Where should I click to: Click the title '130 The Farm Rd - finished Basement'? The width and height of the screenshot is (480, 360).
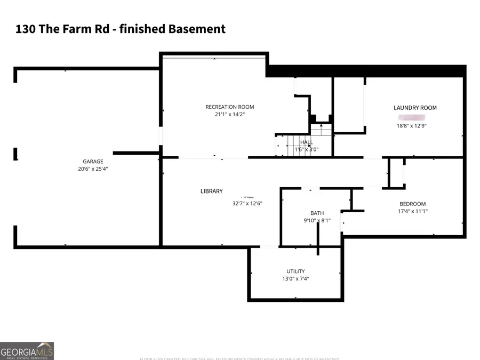click(121, 29)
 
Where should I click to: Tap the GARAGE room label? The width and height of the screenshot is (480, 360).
click(93, 162)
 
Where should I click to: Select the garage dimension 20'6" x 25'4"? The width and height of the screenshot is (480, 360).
click(93, 169)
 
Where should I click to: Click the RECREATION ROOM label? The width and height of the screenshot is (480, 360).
click(230, 107)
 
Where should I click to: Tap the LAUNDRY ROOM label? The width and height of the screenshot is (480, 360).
click(415, 108)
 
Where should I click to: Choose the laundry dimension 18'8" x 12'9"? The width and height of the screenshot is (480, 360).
click(411, 126)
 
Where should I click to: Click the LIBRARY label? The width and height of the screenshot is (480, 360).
click(211, 191)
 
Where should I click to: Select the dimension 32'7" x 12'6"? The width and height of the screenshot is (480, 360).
click(247, 203)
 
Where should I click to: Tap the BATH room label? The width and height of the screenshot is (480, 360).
click(317, 213)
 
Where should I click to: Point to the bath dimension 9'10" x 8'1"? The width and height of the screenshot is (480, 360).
click(317, 221)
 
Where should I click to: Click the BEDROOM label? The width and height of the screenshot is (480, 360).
click(413, 204)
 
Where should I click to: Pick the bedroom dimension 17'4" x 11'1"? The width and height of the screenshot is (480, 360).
click(413, 211)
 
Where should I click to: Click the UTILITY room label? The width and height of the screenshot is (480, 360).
click(295, 271)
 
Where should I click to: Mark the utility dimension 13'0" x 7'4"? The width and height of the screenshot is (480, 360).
click(295, 279)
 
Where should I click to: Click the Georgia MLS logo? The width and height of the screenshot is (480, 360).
click(27, 351)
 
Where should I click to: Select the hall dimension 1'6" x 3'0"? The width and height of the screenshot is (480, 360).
click(306, 150)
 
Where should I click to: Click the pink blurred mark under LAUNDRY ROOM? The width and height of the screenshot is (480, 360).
click(411, 117)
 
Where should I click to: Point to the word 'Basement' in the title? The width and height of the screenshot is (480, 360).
click(198, 29)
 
